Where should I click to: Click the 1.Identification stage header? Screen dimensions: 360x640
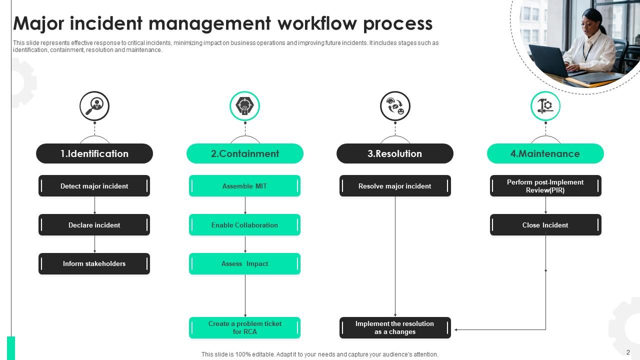click(x=94, y=153)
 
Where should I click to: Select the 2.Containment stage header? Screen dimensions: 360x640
click(x=244, y=153)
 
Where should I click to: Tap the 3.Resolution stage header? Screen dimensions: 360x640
click(x=394, y=153)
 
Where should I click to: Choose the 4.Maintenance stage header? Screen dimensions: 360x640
click(x=545, y=153)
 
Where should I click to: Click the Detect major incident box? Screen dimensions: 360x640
click(x=94, y=186)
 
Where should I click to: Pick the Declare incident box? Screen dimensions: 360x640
click(x=94, y=225)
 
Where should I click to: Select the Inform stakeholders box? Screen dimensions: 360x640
click(x=94, y=263)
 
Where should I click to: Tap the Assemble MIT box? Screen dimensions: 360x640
click(x=244, y=186)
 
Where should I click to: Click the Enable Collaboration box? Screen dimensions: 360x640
click(x=244, y=225)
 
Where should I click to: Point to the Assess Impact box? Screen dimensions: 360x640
click(x=244, y=263)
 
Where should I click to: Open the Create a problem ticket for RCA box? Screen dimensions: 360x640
click(x=244, y=327)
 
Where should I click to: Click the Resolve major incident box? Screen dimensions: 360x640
click(x=394, y=186)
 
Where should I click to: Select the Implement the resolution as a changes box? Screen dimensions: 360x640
click(x=394, y=327)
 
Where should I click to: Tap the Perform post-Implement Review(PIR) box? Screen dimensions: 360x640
click(x=545, y=186)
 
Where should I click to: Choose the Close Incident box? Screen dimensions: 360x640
click(x=545, y=225)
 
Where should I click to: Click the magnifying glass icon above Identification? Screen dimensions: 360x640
click(x=94, y=106)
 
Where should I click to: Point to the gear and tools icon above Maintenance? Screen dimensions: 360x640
click(x=545, y=106)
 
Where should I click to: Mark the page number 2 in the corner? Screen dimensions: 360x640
click(x=628, y=352)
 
